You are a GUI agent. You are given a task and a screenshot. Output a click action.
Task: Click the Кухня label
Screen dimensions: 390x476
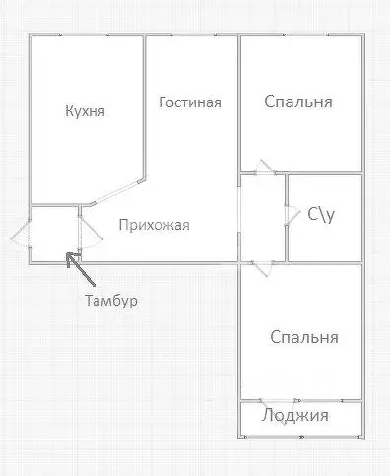coord(86,111)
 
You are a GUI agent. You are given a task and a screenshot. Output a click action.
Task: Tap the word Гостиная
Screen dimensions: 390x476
coord(189,102)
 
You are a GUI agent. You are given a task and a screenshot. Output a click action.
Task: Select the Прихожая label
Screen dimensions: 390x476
coord(154,224)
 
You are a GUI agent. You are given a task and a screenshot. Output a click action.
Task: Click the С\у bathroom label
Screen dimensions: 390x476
coord(321,213)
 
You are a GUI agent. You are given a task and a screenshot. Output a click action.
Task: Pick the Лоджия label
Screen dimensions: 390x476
coord(295,415)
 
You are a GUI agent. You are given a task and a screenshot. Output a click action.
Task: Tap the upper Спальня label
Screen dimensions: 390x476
coord(298,102)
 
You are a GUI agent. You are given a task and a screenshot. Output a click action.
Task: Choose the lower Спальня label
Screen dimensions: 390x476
coord(304,337)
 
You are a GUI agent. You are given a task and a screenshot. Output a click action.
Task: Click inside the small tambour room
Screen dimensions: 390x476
coord(55,233)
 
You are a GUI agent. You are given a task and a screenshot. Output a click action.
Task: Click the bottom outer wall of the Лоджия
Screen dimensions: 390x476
coord(301,435)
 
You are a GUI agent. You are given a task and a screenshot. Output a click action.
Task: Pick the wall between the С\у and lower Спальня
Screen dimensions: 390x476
coord(325,262)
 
